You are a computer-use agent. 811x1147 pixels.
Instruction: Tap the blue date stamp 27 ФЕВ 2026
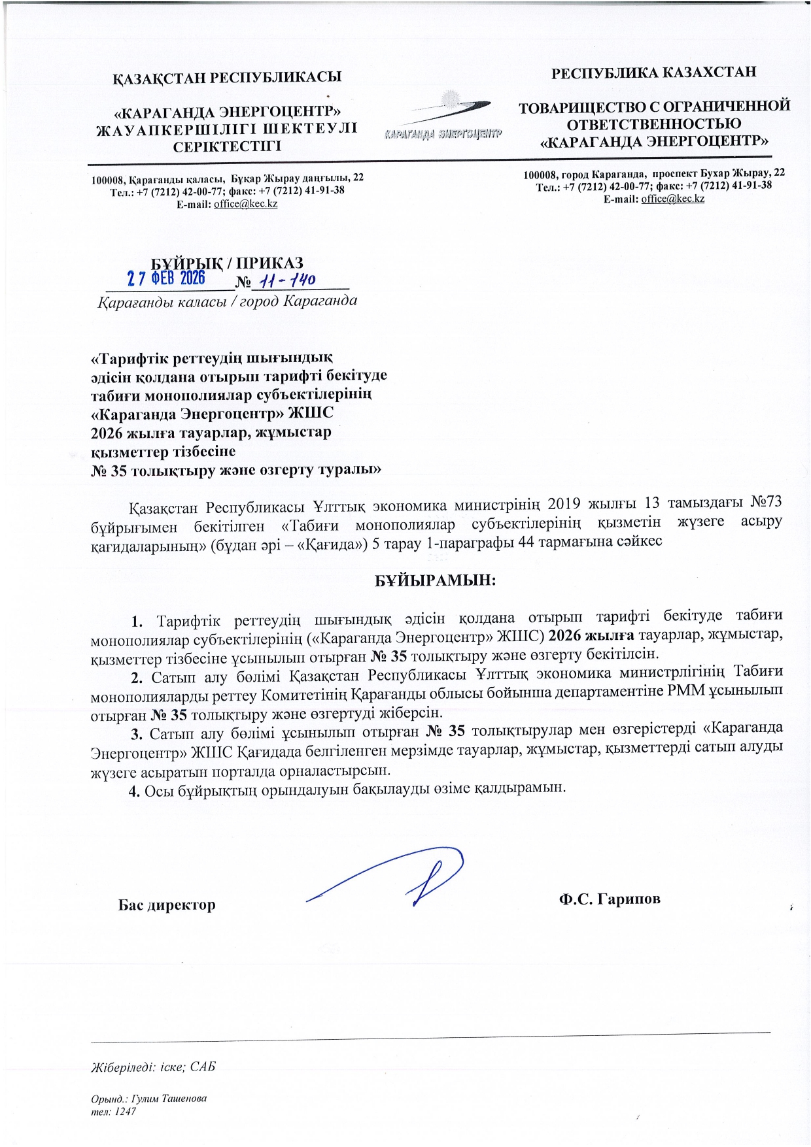(166, 279)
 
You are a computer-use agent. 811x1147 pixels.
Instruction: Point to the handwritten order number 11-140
(287, 280)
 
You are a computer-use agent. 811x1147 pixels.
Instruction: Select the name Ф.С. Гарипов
(609, 899)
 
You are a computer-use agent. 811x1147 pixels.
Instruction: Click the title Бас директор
(167, 905)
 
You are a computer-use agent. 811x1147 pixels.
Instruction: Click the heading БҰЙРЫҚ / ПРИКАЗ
(227, 263)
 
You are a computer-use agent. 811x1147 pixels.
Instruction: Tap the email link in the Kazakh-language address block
(245, 204)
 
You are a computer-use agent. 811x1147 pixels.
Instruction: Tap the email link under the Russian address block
(672, 199)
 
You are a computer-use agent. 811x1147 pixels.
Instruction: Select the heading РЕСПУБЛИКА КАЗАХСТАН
(653, 72)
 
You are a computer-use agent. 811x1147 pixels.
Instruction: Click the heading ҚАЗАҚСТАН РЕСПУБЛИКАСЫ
(227, 76)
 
